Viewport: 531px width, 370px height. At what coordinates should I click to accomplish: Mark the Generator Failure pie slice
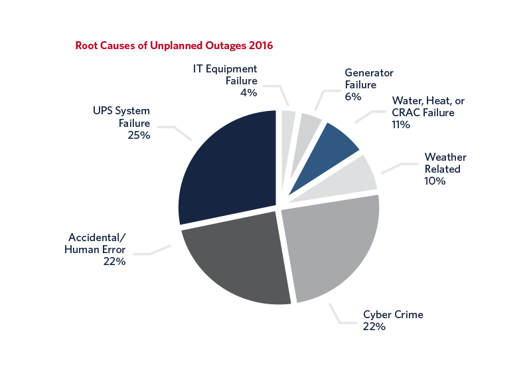pos(309,124)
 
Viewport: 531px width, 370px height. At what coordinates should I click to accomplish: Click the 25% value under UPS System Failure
pos(139,135)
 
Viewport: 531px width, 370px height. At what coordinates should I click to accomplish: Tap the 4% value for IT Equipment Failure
pos(248,92)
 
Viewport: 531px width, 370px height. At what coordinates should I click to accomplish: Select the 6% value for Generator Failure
pos(353,96)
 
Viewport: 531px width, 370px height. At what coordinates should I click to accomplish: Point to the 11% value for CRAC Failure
pos(402,124)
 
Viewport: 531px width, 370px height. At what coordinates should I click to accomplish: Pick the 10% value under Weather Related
pos(435,181)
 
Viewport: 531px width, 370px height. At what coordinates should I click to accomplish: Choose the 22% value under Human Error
pos(115,261)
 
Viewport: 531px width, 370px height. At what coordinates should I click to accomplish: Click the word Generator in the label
pos(369,73)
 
